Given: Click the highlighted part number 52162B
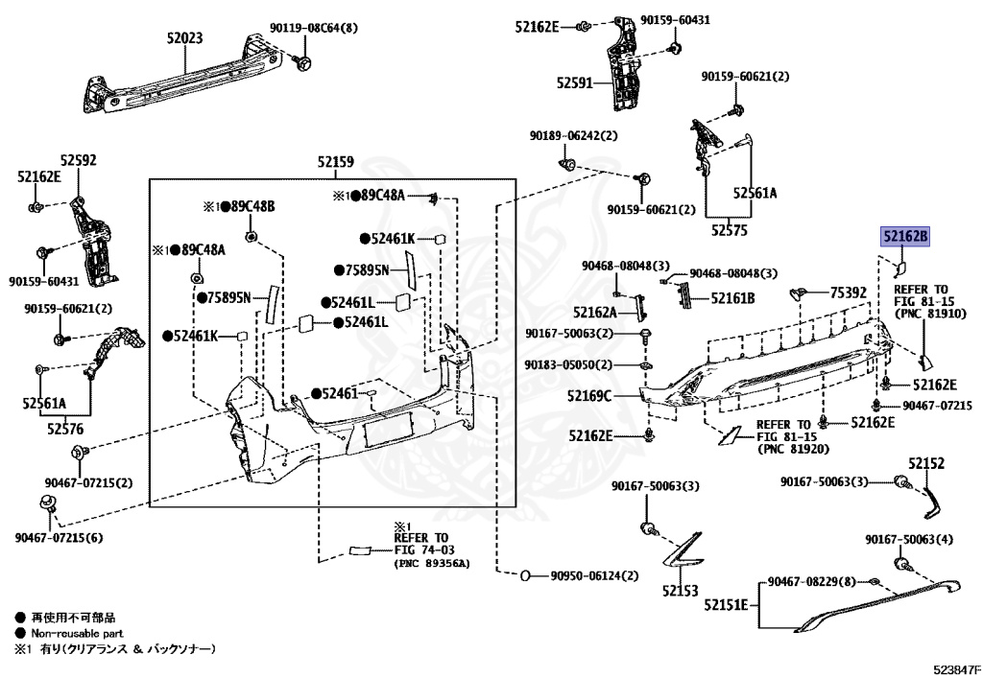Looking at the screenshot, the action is pos(904,237).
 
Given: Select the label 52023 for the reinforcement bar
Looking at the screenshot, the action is pos(184,38).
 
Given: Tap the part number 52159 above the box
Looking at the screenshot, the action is pos(335,162).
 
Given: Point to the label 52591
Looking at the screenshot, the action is pos(574,82).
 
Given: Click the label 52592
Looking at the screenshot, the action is pos(79,160).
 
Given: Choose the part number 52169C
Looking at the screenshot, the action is pos(589,396).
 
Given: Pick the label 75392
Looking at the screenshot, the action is pos(849,292).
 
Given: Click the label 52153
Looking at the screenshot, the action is pos(681,591).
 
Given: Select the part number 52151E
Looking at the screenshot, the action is pos(726,605).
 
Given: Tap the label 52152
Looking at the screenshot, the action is pos(926,463).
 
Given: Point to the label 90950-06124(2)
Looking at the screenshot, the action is pos(594,575).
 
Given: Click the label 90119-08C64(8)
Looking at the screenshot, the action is pos(314,28).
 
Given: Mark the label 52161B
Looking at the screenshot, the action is pos(732,298).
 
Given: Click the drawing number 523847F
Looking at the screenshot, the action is pos(957,669).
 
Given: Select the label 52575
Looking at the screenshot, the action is pos(730,230).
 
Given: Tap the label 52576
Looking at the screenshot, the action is pos(65,429).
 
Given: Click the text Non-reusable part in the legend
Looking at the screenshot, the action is pos(77,633).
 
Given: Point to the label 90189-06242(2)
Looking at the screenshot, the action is pos(573,136).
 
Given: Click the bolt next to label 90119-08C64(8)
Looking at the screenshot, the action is pos(302,62).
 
